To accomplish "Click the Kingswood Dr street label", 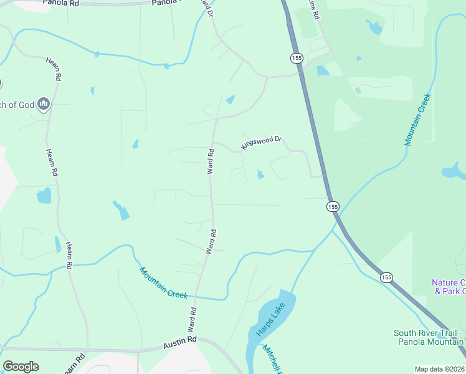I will click(x=262, y=143).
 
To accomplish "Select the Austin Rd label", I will click(x=179, y=342).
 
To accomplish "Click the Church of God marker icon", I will click(x=44, y=103).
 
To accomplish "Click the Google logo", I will click(x=21, y=367).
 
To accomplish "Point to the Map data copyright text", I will click(x=440, y=369).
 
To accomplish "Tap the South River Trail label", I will click(x=429, y=333).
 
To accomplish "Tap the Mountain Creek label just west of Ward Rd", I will click(x=164, y=283).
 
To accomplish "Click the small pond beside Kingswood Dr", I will click(x=260, y=175).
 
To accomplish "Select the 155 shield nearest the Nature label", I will click(x=387, y=277).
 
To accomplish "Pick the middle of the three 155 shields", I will click(x=333, y=206).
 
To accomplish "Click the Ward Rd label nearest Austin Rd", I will click(x=191, y=319).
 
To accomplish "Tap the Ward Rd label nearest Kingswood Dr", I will click(x=211, y=161).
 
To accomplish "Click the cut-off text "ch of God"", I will click(x=17, y=104).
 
